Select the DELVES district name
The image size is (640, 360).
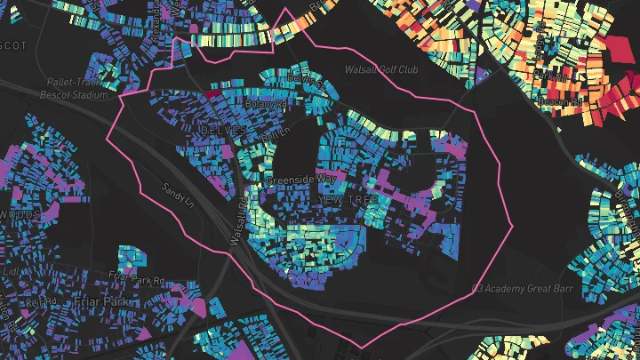pyautogui.click(x=223, y=130)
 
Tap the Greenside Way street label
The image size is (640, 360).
pyautogui.click(x=302, y=180)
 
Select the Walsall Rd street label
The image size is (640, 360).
pyautogui.click(x=239, y=220)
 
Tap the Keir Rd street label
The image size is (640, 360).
pyautogui.click(x=42, y=300)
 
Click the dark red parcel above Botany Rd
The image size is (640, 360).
pyautogui.click(x=214, y=92)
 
